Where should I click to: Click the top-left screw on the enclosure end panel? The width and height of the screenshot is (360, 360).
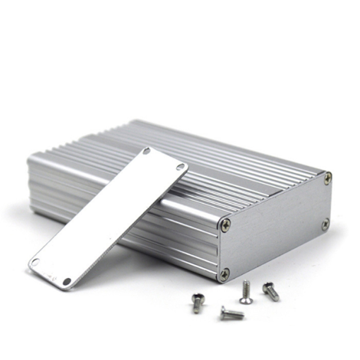point(226,224)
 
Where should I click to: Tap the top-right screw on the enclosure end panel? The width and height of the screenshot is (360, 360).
point(327,179)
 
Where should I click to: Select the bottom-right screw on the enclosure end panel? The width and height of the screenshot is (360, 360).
point(326,224)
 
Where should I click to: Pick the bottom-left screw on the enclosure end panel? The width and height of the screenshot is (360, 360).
point(224,274)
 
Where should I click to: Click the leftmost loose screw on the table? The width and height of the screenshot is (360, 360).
point(197,303)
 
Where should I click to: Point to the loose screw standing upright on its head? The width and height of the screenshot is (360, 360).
point(246,293)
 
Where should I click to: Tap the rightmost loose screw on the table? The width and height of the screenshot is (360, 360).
point(271,291)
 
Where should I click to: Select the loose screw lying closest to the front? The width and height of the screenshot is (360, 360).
point(232,314)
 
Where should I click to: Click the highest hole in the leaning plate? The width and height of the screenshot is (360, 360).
point(146,151)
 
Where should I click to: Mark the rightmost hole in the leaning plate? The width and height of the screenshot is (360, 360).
point(181,166)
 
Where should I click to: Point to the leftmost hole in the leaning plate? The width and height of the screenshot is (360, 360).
point(35,262)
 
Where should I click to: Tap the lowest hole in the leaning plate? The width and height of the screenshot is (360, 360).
point(67,281)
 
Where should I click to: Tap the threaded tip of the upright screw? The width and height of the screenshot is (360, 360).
point(245,284)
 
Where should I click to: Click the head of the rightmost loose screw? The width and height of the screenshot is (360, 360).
point(266,287)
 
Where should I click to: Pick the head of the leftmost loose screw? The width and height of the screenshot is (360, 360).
point(197,296)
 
